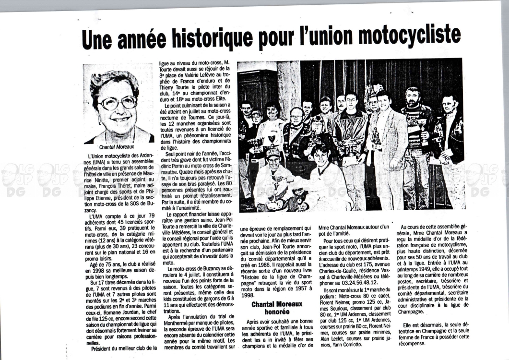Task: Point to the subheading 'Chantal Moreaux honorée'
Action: click(x=277, y=307)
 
